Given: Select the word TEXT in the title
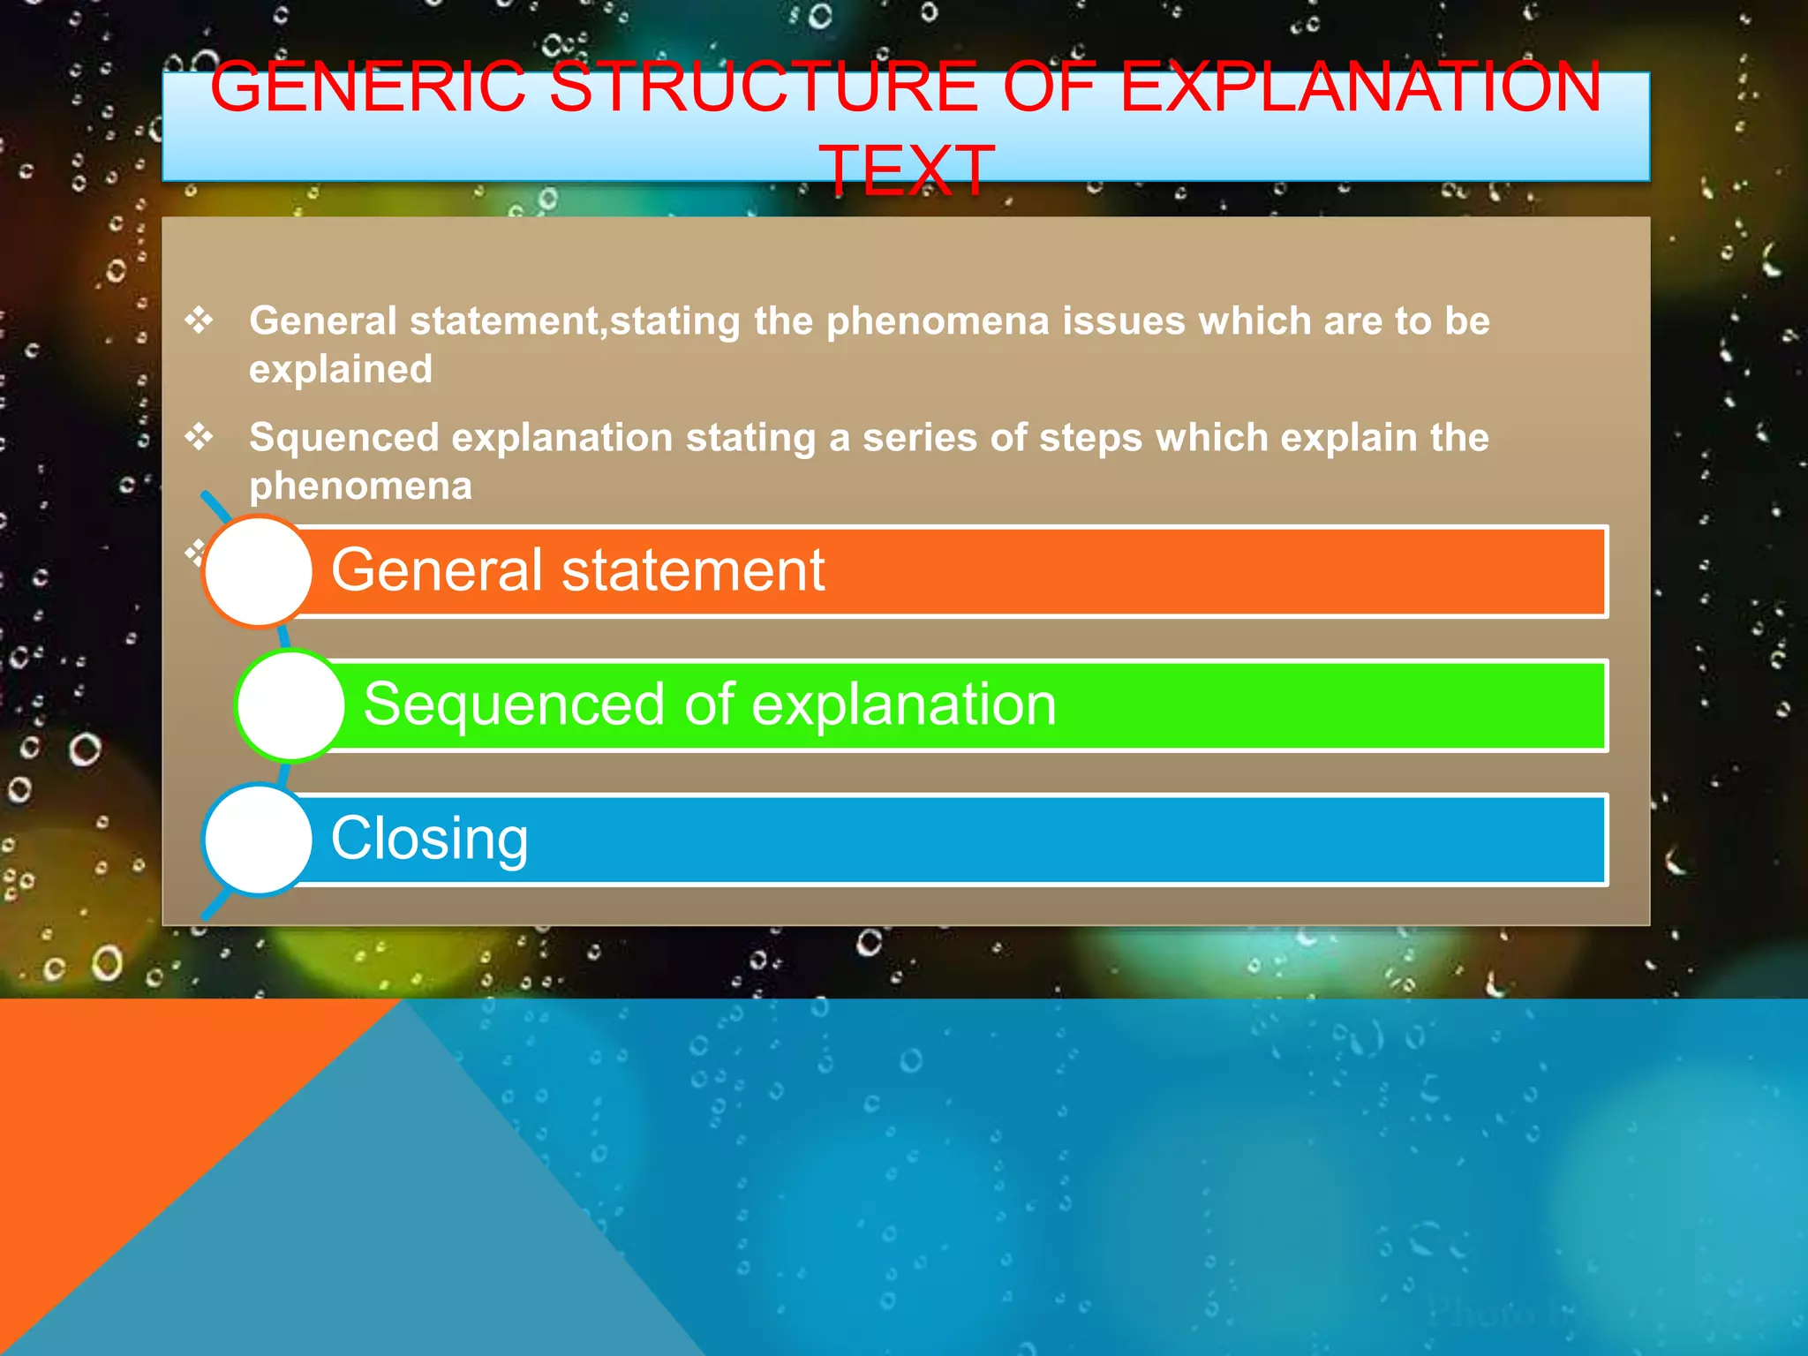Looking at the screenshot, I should point(907,170).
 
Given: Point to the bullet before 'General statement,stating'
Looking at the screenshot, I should point(199,320).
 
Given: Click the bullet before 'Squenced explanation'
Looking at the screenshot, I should point(199,436).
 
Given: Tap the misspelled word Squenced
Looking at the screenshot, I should point(343,438).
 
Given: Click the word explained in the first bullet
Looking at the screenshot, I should point(341,369).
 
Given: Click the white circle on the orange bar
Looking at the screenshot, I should point(258,571).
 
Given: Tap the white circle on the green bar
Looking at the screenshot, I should point(290,704).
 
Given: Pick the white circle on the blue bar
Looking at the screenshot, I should point(258,840).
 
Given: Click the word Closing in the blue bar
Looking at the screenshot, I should point(429,838).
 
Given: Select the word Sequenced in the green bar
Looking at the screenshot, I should point(514,704).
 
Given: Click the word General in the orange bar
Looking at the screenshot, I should point(436,569).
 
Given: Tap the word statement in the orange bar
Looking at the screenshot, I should point(693,569).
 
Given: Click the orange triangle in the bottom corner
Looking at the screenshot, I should point(132,1148).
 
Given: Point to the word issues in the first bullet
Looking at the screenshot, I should point(1123,320).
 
